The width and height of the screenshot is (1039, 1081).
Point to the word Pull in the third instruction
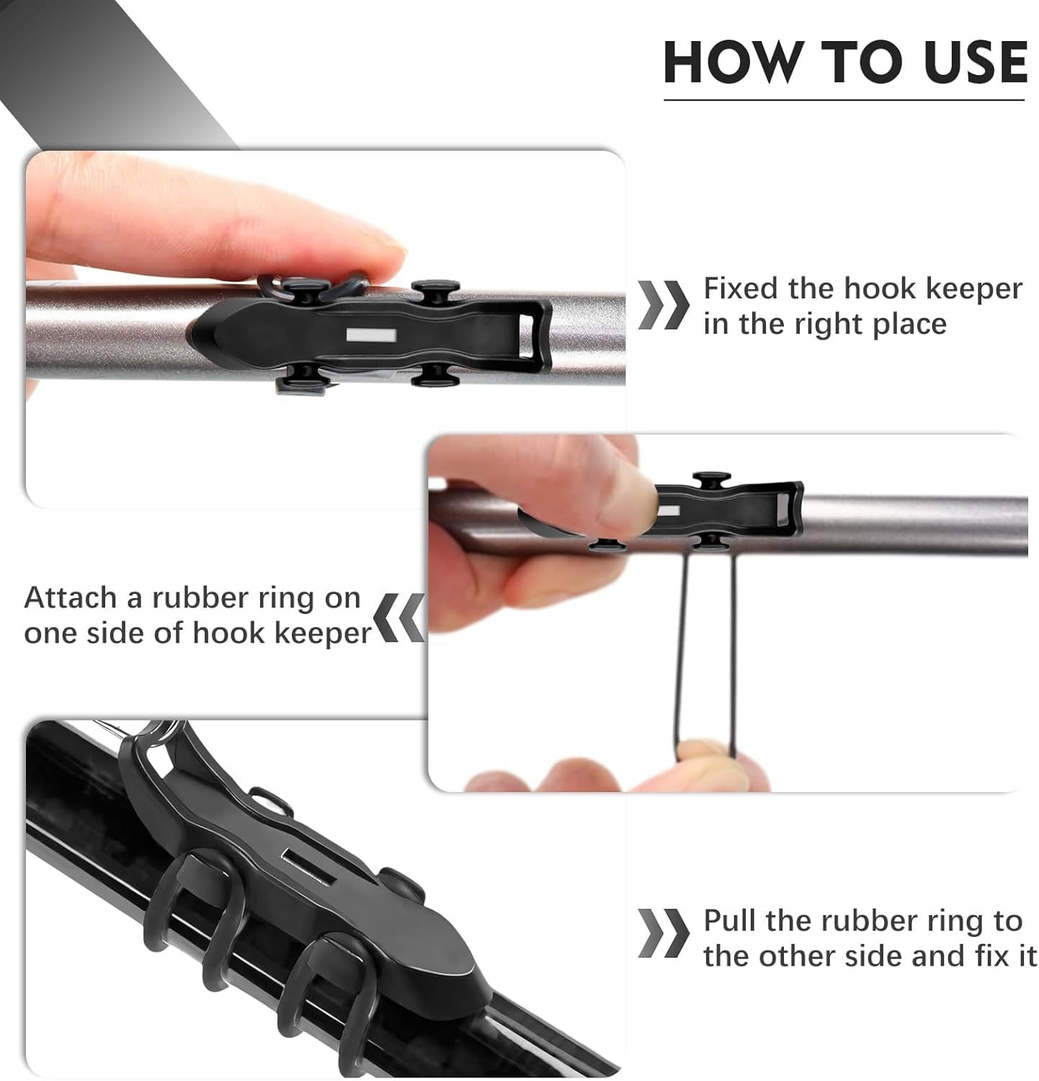tap(730, 921)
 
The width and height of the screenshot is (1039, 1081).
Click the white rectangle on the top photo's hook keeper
tap(371, 335)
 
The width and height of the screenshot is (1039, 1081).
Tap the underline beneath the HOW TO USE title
tap(843, 99)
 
